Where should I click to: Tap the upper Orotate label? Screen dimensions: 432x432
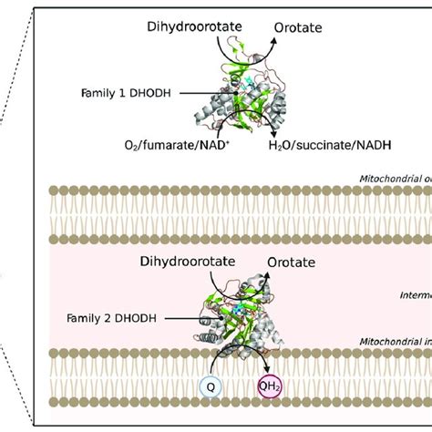point(297,29)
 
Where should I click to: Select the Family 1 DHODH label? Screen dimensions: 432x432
point(133,91)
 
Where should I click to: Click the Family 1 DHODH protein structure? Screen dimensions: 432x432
point(232,96)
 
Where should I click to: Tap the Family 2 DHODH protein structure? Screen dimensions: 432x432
point(235,319)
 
